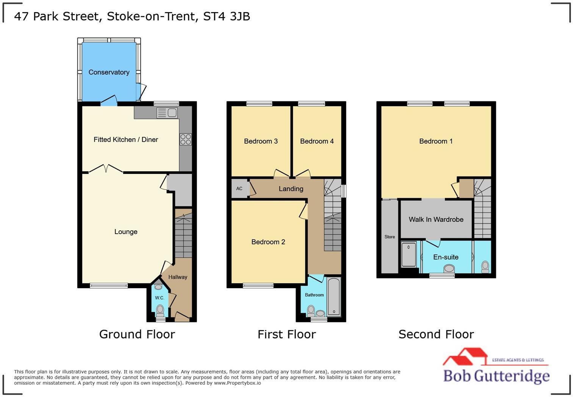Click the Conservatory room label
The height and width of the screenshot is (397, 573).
pyautogui.click(x=109, y=72)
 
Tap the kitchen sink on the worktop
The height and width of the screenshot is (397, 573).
pyautogui.click(x=167, y=113)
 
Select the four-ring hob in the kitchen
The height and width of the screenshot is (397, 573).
pyautogui.click(x=186, y=139)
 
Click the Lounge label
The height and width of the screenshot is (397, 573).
pyautogui.click(x=126, y=231)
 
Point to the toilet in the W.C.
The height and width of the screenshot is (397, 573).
pyautogui.click(x=160, y=311)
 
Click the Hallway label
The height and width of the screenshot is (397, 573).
pyautogui.click(x=178, y=277)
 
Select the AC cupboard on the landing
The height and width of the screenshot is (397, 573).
pyautogui.click(x=240, y=189)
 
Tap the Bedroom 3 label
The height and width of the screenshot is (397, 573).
pyautogui.click(x=261, y=141)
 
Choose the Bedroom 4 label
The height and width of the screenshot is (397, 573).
pyautogui.click(x=317, y=141)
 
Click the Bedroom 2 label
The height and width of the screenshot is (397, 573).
pyautogui.click(x=268, y=242)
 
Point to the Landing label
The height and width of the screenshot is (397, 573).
pyautogui.click(x=291, y=189)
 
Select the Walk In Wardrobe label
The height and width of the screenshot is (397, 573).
pyautogui.click(x=436, y=219)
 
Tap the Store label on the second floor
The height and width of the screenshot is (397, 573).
pyautogui.click(x=390, y=237)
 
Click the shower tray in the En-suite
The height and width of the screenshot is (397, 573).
pyautogui.click(x=409, y=254)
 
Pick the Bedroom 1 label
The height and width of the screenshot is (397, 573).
pyautogui.click(x=436, y=141)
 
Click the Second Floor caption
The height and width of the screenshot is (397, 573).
pyautogui.click(x=436, y=334)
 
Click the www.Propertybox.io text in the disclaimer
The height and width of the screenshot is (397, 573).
pyautogui.click(x=237, y=383)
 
